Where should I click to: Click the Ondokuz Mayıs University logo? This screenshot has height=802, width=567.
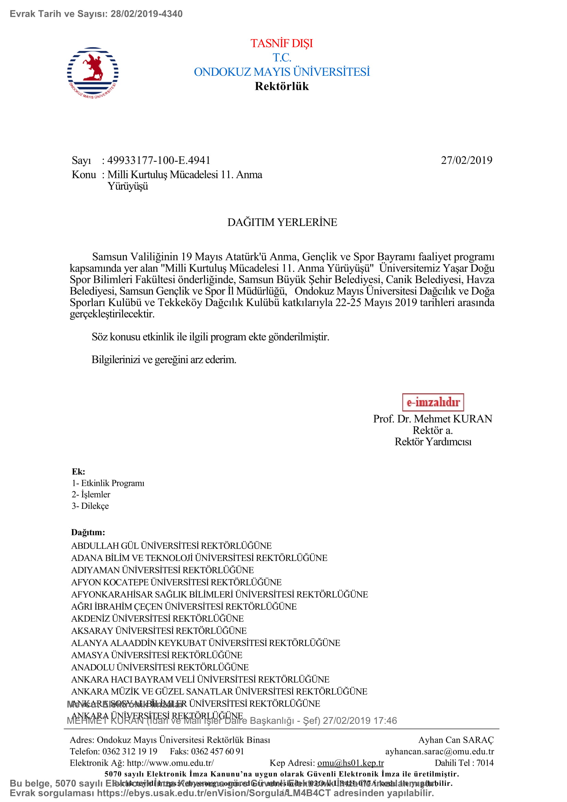click(93, 73)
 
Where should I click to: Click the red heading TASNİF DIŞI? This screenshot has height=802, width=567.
click(282, 43)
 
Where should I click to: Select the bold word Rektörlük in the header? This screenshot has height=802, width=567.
click(282, 86)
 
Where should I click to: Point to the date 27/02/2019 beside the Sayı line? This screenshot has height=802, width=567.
click(466, 160)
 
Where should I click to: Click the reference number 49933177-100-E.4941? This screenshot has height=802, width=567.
click(158, 160)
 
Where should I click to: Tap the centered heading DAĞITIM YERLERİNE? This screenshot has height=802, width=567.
click(282, 223)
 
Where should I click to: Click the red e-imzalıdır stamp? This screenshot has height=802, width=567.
click(433, 403)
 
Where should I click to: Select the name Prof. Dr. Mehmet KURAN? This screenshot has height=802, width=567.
click(432, 419)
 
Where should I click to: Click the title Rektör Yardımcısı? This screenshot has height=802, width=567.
click(433, 442)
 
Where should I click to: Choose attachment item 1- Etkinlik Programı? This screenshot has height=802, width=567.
click(108, 483)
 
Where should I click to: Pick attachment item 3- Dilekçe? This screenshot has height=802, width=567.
click(90, 506)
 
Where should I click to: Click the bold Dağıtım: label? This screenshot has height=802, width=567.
click(88, 532)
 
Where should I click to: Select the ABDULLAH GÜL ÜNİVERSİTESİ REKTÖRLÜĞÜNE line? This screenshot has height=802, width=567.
click(171, 546)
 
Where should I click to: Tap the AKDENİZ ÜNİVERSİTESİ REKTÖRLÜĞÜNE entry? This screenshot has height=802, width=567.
click(157, 619)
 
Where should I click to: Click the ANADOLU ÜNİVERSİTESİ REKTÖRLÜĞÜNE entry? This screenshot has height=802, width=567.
click(160, 667)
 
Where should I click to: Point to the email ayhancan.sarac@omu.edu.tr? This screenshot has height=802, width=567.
click(439, 751)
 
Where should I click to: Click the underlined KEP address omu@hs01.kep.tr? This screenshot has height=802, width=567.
click(350, 763)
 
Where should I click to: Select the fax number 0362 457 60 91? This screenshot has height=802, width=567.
click(217, 751)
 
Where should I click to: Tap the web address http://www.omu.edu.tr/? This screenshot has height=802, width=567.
click(170, 763)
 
